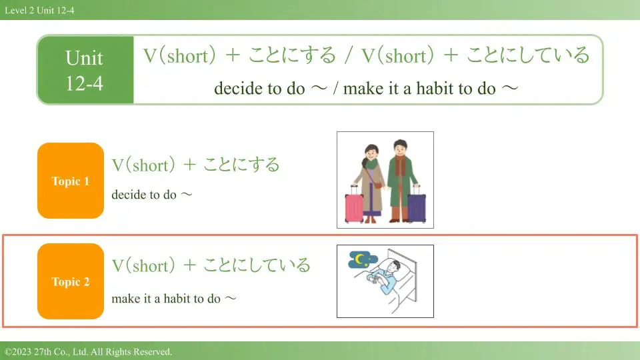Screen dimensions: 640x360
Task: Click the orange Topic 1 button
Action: tap(71, 181)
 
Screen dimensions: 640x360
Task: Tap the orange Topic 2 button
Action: tap(71, 281)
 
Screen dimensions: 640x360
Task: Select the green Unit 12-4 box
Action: tap(85, 70)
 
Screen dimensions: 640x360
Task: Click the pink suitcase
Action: tap(354, 204)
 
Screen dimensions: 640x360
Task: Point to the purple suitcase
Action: tap(417, 205)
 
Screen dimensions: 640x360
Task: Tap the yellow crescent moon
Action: tap(359, 259)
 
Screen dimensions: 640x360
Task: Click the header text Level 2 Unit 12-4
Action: tap(39, 10)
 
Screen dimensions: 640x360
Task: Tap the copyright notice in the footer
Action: tap(89, 351)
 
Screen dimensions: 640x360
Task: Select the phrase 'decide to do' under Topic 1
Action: tap(144, 194)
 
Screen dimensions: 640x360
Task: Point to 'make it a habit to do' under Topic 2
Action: tap(166, 299)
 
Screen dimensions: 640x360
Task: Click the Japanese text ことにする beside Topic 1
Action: tap(241, 164)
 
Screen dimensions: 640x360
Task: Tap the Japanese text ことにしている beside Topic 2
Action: tap(257, 265)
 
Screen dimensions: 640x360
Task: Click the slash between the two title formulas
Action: tap(348, 55)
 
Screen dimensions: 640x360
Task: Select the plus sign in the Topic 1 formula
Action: tap(189, 165)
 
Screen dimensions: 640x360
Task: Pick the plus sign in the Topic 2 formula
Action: tap(189, 265)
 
